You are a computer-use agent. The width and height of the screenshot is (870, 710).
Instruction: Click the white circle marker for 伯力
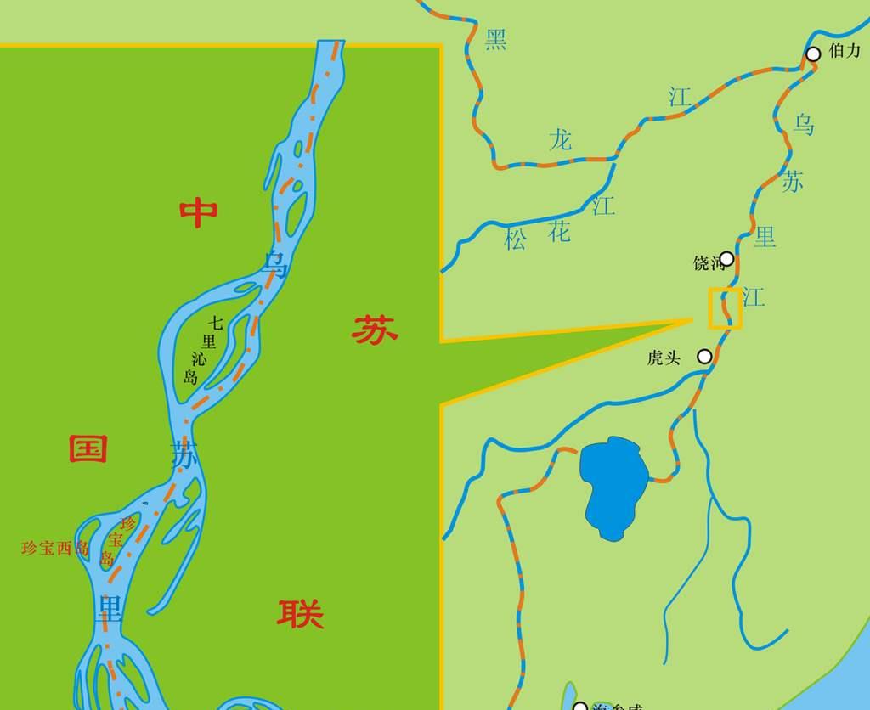pos(813,54)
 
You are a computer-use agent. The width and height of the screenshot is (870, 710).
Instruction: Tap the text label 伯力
pos(845,51)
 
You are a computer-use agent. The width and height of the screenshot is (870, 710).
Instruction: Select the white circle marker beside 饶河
pos(726,259)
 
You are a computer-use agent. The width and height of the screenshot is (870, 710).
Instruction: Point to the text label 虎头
pos(664,358)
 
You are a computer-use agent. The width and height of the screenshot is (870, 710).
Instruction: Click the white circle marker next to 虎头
pos(704,357)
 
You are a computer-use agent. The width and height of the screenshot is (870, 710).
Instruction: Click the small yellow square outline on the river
pos(726,308)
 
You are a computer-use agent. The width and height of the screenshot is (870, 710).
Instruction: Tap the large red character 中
pos(199,212)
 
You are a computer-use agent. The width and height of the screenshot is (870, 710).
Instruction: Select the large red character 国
pos(88,448)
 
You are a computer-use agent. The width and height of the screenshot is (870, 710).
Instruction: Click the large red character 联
pos(300,612)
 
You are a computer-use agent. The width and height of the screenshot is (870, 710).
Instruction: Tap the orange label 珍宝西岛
pos(55,548)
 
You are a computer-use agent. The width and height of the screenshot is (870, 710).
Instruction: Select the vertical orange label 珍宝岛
pos(116,541)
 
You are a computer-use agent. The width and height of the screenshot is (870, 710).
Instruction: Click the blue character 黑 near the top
pos(495,39)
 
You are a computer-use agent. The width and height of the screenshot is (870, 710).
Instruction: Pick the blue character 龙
pos(560,139)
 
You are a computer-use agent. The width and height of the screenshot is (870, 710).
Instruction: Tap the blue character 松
pos(515,239)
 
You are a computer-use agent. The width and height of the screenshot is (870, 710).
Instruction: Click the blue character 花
pos(559,231)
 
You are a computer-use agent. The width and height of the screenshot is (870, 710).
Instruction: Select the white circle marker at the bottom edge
pos(580,706)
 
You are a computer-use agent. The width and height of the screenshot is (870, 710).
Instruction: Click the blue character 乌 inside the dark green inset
pos(276,265)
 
